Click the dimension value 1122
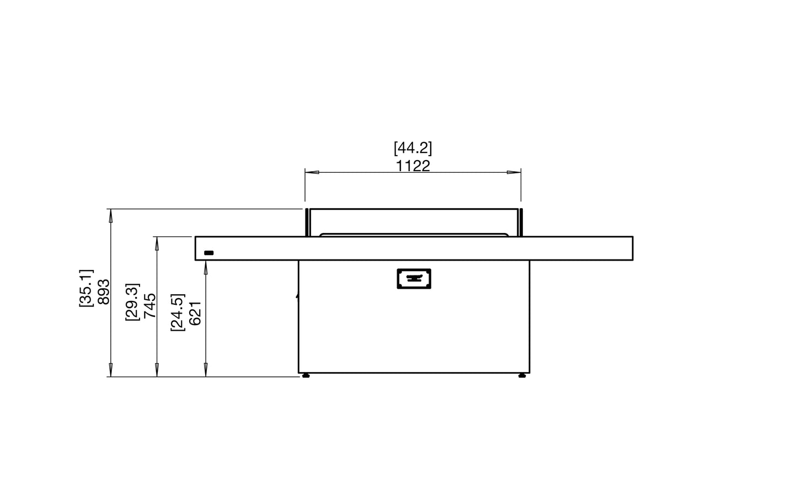413,166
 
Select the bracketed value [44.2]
413,148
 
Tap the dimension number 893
103,292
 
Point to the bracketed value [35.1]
86,288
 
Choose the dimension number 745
149,305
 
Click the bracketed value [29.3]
132,301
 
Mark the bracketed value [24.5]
178,312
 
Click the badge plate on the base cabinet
414,279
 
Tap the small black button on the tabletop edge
208,253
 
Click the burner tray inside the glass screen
414,235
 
